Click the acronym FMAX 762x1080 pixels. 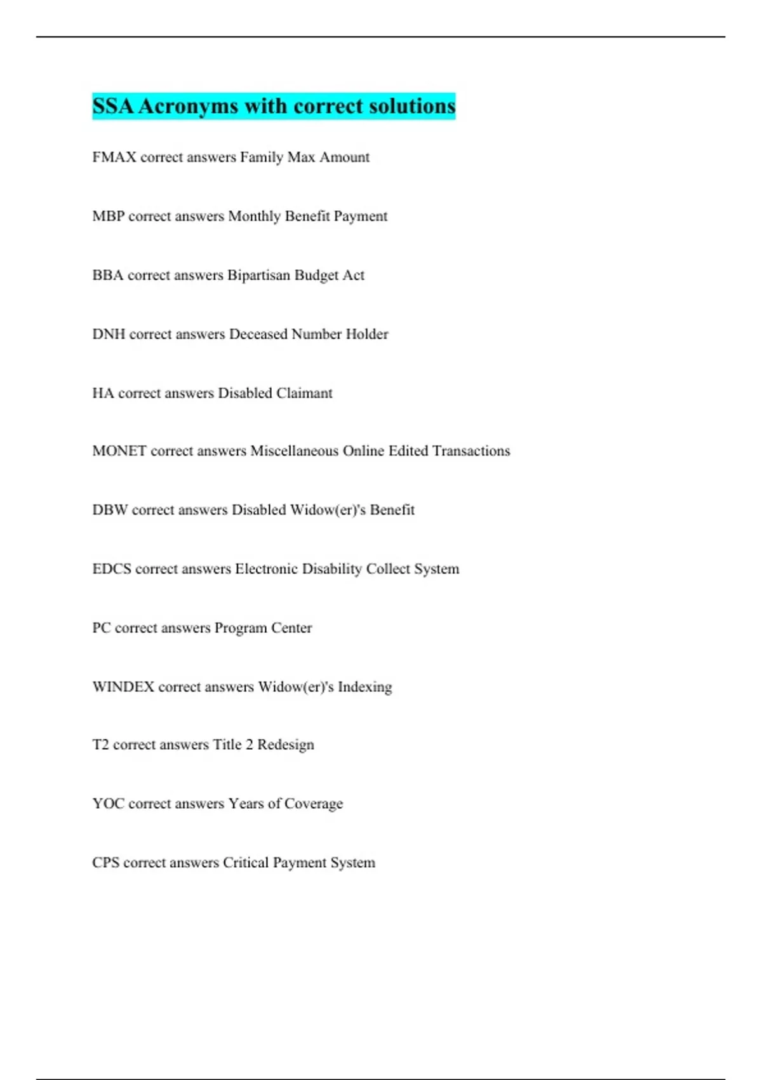(x=114, y=158)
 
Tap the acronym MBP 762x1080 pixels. (x=108, y=217)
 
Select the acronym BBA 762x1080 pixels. (x=107, y=276)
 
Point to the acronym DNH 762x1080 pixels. (x=109, y=335)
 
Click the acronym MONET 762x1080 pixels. (x=119, y=451)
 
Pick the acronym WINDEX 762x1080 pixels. (x=123, y=687)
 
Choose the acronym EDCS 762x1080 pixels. (x=112, y=569)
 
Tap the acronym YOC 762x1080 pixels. (x=108, y=804)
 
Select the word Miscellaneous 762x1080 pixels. (x=294, y=451)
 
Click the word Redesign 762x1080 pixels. (x=285, y=745)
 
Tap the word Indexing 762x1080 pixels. (x=364, y=687)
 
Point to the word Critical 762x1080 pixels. (x=245, y=863)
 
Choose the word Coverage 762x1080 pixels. (x=313, y=804)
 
